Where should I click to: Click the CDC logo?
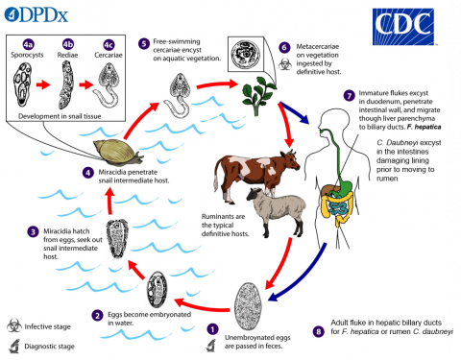[x=403, y=27]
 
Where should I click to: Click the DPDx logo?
[x=36, y=14]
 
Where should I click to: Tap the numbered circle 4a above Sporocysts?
[x=29, y=44]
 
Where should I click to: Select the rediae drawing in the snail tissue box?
[x=66, y=84]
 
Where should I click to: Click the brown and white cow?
[x=256, y=173]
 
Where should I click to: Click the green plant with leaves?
[x=258, y=95]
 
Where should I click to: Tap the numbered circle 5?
[x=144, y=43]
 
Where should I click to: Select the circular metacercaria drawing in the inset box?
[x=246, y=55]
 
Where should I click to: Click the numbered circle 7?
[x=349, y=96]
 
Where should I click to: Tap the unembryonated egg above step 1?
[x=248, y=305]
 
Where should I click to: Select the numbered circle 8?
[x=318, y=331]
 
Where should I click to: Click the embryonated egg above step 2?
[x=157, y=290]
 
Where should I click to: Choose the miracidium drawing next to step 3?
[x=117, y=238]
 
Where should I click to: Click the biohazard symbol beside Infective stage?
[x=14, y=325]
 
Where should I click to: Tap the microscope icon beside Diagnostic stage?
[x=14, y=347]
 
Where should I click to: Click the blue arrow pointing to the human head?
[x=295, y=113]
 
